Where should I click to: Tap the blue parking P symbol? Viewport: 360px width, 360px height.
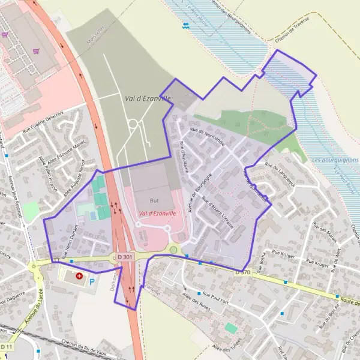click(92, 280)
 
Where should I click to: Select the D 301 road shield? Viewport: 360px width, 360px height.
click(125, 257)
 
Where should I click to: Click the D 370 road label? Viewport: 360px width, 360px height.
click(242, 272)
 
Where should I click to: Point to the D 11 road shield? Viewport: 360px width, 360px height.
click(6, 347)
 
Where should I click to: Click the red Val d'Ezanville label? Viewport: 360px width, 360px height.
click(157, 213)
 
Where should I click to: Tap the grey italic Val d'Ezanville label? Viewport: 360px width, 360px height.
click(146, 97)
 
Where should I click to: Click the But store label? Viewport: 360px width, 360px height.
click(154, 200)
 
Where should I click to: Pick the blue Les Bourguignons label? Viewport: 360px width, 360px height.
click(335, 160)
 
